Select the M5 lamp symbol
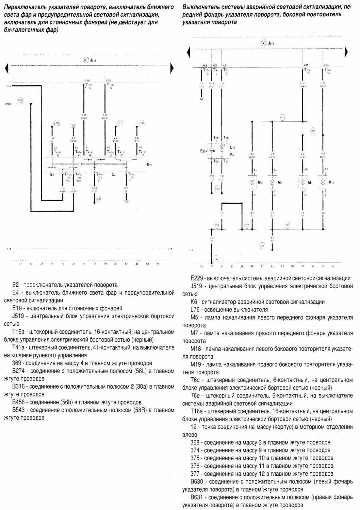272,183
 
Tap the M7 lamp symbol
302,183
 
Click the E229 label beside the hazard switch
203,151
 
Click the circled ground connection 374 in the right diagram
262,245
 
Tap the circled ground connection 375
288,225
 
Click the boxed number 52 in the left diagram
73,126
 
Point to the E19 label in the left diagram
149,165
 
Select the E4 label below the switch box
52,175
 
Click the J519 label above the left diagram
93,60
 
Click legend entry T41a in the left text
19,348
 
